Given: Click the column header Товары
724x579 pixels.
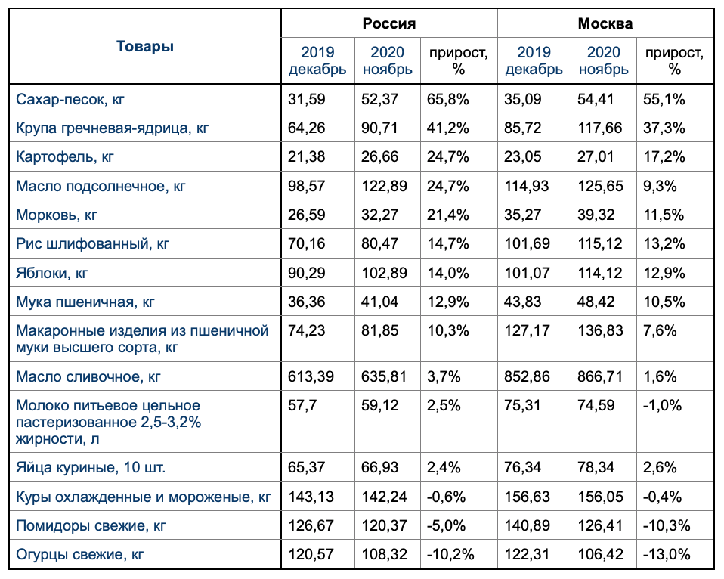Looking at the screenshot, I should tap(145, 46).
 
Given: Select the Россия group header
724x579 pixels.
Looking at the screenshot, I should tap(389, 23).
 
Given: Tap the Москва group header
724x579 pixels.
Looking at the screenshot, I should tap(605, 23).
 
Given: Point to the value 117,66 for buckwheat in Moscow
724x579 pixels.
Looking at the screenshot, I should tap(601, 128).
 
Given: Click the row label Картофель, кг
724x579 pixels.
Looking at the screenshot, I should tap(65, 157).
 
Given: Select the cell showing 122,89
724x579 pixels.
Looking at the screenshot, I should tap(385, 186).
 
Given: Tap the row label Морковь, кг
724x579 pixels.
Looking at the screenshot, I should tap(57, 215).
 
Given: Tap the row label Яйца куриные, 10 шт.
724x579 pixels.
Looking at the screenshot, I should tap(91, 468).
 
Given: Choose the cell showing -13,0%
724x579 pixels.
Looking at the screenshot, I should tap(666, 554).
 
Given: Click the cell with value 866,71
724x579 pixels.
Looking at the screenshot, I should tap(601, 376).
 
